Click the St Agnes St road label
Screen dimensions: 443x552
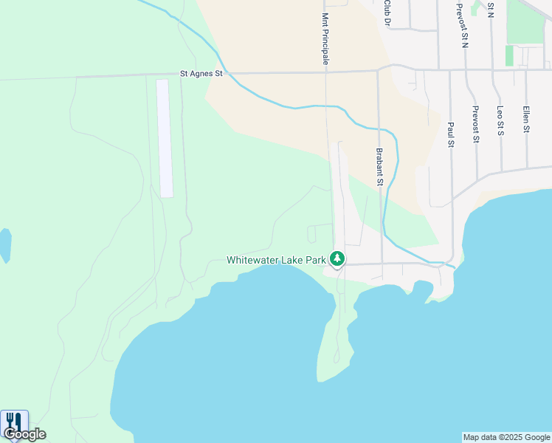pyautogui.click(x=201, y=74)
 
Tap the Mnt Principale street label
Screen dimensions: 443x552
pyautogui.click(x=325, y=38)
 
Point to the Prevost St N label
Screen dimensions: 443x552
pyautogui.click(x=463, y=25)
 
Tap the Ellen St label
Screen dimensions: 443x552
pyautogui.click(x=526, y=119)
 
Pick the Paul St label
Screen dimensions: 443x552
pyautogui.click(x=449, y=134)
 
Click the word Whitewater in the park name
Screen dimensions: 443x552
pyautogui.click(x=255, y=260)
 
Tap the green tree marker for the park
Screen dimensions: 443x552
pyautogui.click(x=337, y=258)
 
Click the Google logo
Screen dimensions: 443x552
pyautogui.click(x=24, y=434)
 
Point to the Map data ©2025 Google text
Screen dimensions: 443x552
pyautogui.click(x=506, y=437)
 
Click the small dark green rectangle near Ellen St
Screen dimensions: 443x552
pyautogui.click(x=508, y=55)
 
